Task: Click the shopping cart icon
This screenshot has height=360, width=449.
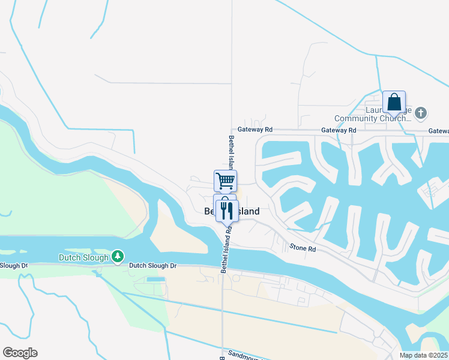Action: point(225,180)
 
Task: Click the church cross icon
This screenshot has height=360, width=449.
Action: point(421,113)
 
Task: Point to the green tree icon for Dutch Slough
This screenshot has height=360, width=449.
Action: point(118,257)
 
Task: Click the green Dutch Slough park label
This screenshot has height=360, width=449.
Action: point(83,257)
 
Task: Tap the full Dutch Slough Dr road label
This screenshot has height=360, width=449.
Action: point(153,265)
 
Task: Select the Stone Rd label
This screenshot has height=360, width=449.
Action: point(303,247)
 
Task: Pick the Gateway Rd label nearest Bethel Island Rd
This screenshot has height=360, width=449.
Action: point(255,129)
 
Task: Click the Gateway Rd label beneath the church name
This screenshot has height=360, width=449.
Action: point(339,130)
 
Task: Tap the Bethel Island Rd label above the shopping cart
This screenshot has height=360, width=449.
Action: point(231,152)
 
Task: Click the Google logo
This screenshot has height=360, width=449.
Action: point(20,353)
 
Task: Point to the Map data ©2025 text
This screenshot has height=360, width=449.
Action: point(423,355)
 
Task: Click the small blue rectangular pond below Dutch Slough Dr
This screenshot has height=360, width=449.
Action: point(155,280)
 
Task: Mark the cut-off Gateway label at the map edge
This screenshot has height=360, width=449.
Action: point(439,131)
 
